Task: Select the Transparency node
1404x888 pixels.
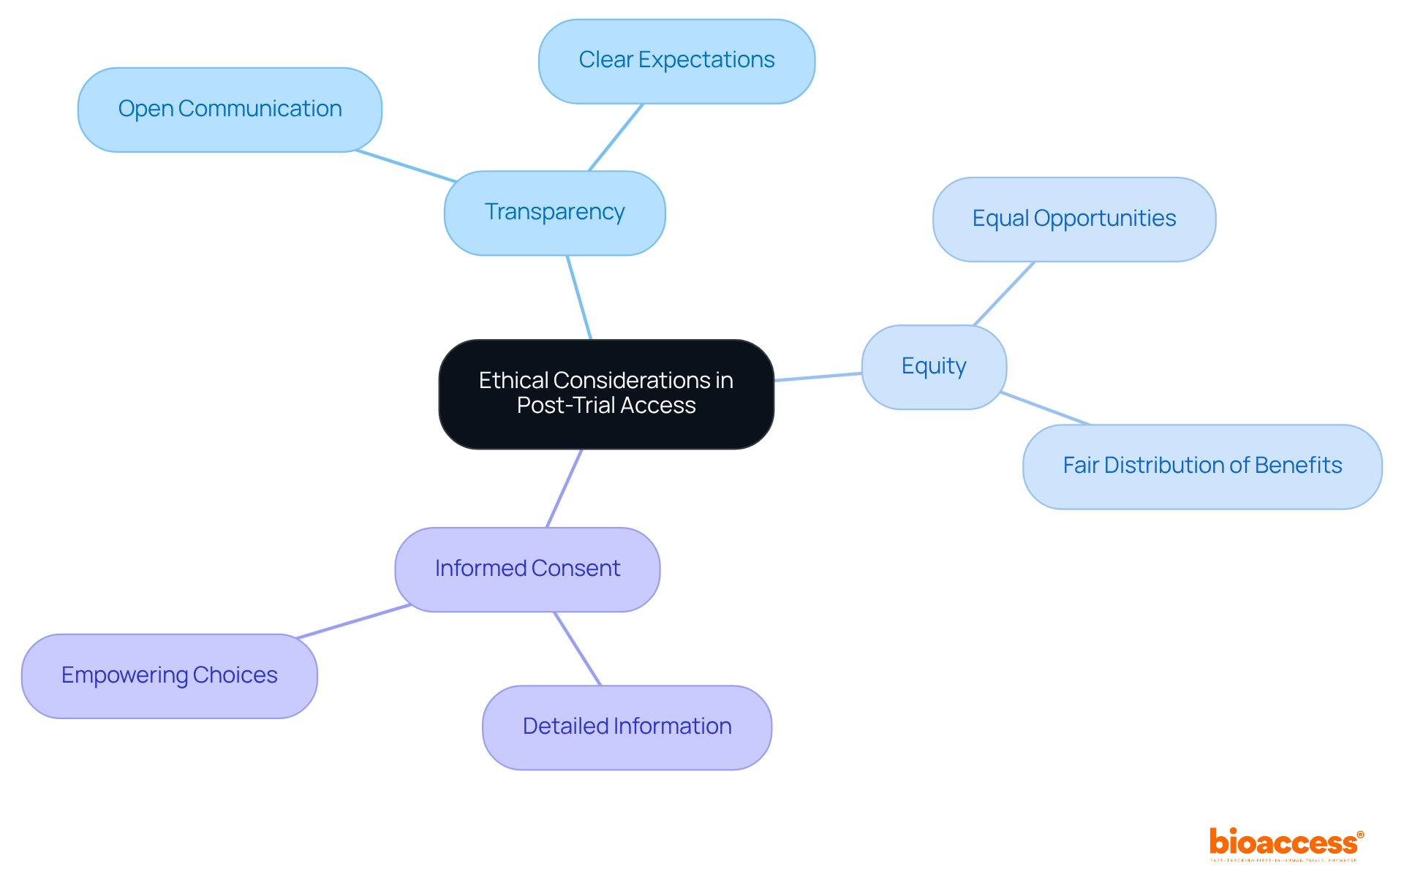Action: click(x=554, y=213)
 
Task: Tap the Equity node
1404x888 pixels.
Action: click(x=933, y=366)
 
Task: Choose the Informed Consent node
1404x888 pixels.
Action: click(x=527, y=569)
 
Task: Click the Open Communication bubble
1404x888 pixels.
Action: click(x=230, y=110)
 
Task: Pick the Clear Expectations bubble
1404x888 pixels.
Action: click(x=676, y=61)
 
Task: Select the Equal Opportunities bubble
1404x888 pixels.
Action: click(x=1073, y=219)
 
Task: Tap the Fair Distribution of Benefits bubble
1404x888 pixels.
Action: click(x=1201, y=466)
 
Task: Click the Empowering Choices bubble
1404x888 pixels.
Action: click(x=169, y=675)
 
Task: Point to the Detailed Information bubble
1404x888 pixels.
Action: click(x=627, y=726)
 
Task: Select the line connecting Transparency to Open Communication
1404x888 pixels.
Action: click(x=407, y=166)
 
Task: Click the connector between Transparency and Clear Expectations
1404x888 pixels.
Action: click(x=616, y=137)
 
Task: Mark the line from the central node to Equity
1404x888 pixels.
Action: click(x=818, y=377)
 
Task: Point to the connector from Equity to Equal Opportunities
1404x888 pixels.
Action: click(x=1004, y=294)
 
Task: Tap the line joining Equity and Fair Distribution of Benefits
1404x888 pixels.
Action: click(x=1045, y=409)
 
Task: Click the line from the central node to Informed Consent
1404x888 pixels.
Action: click(x=565, y=488)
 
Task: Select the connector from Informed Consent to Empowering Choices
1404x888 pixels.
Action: click(x=354, y=621)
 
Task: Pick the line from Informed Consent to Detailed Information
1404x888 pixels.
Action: click(x=578, y=649)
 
